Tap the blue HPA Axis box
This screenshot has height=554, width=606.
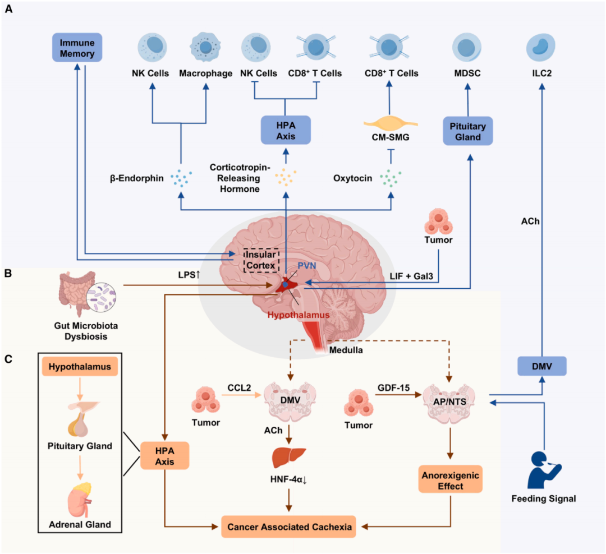(x=285, y=131)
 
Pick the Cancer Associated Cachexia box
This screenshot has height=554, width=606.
(x=288, y=527)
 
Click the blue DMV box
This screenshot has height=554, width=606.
(x=541, y=366)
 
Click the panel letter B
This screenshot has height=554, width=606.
(x=8, y=274)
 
